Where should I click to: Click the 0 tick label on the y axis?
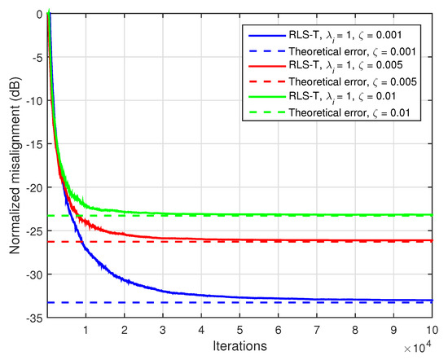click(x=37, y=14)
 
